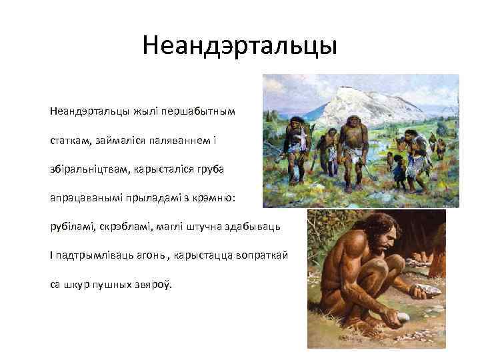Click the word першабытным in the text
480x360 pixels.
point(203,109)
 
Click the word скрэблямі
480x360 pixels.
point(128,227)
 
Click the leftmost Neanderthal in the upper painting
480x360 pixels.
point(297,143)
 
